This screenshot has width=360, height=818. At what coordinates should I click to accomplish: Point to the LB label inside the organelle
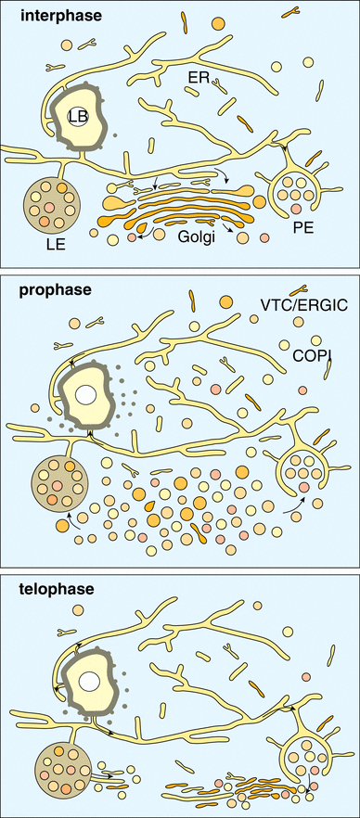(78, 117)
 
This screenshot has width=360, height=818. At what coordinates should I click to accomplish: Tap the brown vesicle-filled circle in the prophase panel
(58, 480)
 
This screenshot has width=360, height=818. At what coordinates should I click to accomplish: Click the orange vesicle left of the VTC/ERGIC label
(225, 300)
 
